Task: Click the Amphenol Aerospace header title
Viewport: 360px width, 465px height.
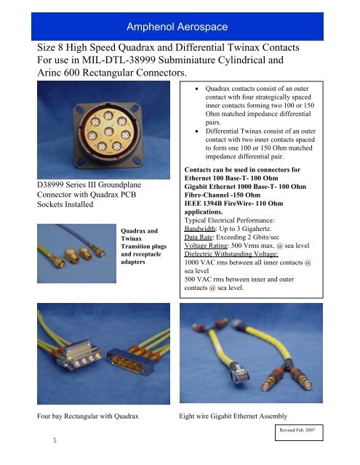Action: click(177, 27)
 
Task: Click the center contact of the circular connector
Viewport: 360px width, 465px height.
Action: click(109, 132)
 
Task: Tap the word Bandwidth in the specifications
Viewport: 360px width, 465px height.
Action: click(200, 229)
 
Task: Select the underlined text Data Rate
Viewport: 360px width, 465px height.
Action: click(199, 237)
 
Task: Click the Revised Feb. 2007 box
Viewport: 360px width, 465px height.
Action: click(299, 432)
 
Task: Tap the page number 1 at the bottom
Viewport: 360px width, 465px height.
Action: click(55, 440)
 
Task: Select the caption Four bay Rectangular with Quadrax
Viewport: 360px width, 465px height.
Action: click(88, 416)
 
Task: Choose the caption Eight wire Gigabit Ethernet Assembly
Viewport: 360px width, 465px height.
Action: click(233, 416)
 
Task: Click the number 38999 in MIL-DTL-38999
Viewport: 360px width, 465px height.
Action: click(141, 60)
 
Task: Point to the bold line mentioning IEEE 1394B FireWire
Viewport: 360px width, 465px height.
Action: click(233, 203)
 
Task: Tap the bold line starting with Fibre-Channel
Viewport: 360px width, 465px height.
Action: click(223, 195)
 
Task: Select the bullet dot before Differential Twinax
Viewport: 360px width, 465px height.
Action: click(197, 131)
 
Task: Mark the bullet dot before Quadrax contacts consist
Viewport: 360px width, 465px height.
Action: click(197, 89)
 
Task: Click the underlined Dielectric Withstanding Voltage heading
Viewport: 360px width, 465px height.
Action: click(231, 254)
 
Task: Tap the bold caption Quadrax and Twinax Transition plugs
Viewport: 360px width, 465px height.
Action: click(144, 246)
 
